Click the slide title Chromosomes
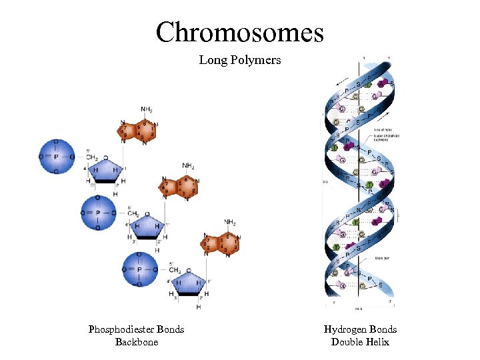pos(240,32)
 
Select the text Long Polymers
pos(240,60)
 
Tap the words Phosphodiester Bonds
pos(136,329)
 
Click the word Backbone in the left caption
pos(136,342)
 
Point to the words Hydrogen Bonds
pos(360,329)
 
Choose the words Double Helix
pos(360,342)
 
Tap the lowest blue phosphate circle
pos(139,269)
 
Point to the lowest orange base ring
pos(221,243)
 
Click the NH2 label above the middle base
pos(189,165)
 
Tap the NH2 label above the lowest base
pos(230,222)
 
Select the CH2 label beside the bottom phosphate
pos(175,269)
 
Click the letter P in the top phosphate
pos(57,158)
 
